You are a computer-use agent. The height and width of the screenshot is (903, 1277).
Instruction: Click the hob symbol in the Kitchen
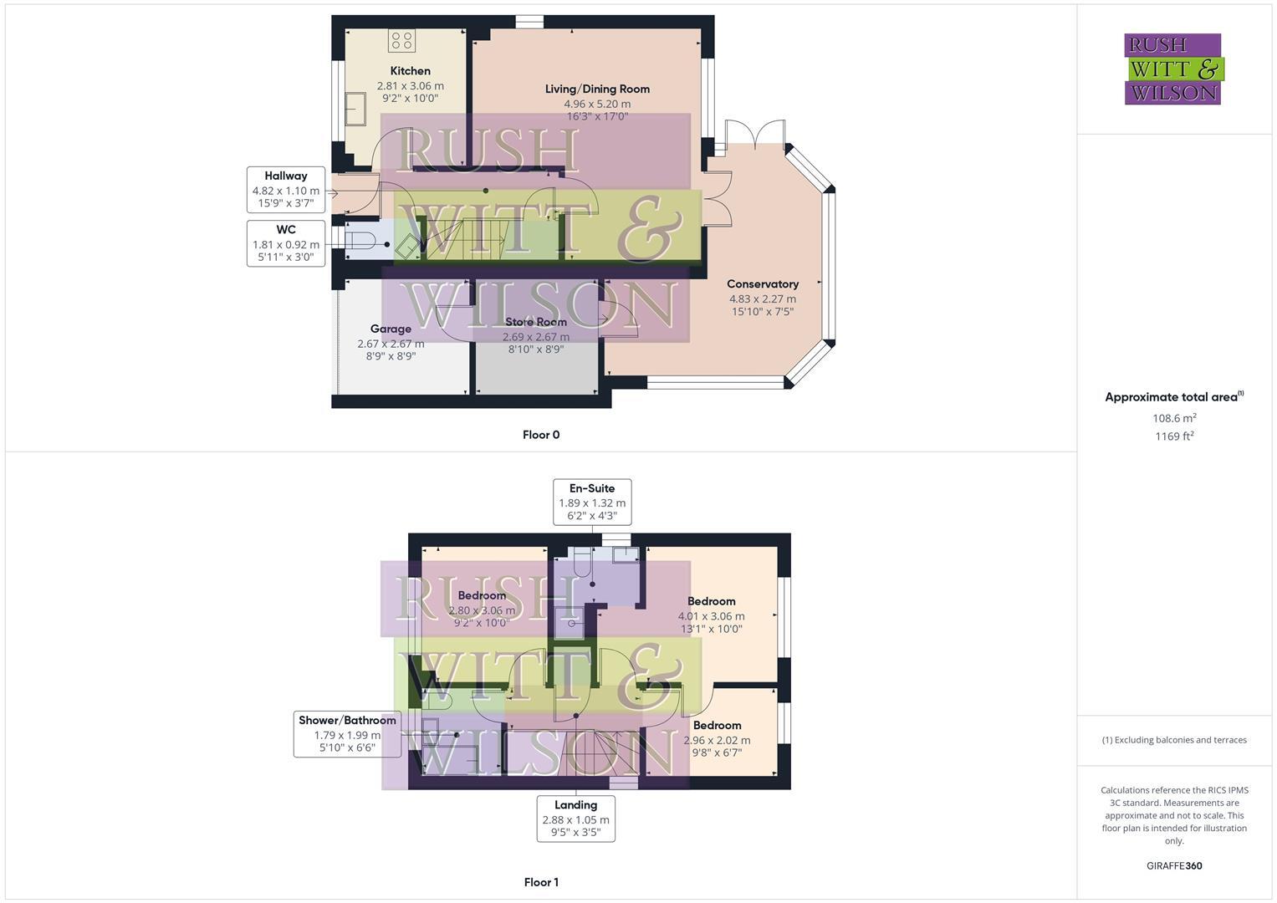click(401, 40)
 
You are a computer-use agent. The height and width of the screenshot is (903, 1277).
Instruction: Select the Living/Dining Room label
click(597, 89)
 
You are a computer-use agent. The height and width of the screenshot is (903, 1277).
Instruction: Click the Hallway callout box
click(286, 189)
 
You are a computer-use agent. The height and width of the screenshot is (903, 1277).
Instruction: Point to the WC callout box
click(286, 243)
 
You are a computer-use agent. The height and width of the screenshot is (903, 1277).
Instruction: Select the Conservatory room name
click(762, 284)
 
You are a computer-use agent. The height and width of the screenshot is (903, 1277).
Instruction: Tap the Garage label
click(391, 329)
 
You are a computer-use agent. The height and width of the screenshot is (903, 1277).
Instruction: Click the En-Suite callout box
click(592, 502)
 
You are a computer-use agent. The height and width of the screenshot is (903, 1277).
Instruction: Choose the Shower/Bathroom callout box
click(347, 734)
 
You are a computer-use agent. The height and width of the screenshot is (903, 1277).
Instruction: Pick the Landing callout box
click(575, 819)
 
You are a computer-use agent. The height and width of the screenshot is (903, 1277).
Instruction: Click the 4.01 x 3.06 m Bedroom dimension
click(711, 616)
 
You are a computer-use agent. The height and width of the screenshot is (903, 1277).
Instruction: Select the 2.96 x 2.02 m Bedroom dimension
click(717, 740)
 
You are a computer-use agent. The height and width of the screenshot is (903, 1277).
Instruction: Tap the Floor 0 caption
click(541, 435)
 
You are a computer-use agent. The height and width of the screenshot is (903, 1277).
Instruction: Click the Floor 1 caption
click(541, 882)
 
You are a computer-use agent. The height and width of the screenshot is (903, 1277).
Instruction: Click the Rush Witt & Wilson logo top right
click(1173, 69)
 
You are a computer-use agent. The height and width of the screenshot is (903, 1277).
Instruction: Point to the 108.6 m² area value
click(1174, 418)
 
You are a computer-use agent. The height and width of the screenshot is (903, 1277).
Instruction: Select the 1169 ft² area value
click(1174, 436)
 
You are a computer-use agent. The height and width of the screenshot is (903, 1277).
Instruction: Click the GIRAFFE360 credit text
click(1174, 865)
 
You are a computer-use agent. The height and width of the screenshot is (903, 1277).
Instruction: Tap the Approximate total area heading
click(1173, 397)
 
